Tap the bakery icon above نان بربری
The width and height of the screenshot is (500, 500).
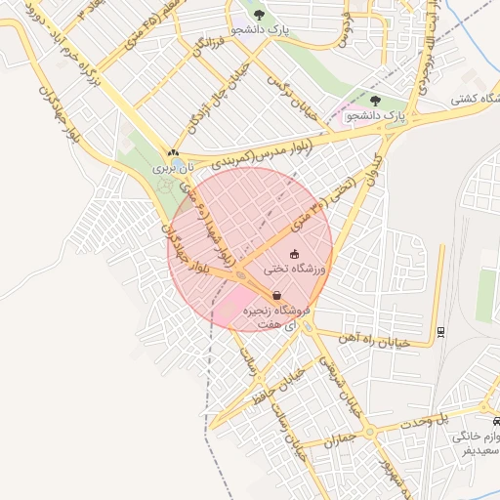(173, 152)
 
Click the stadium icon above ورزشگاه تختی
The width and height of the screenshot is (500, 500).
(295, 254)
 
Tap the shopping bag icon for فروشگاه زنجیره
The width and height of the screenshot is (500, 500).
(277, 294)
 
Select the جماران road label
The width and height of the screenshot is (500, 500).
(340, 434)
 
